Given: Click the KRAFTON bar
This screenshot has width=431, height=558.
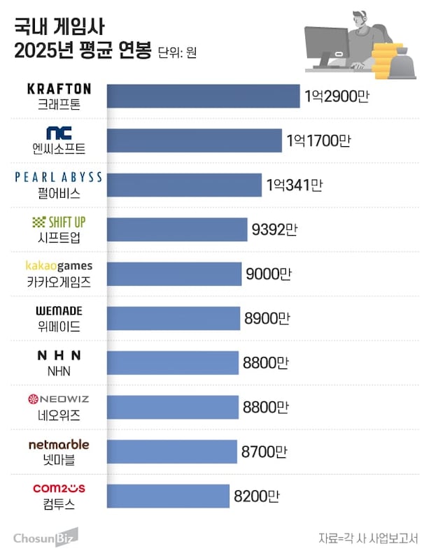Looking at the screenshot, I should pyautogui.click(x=203, y=96).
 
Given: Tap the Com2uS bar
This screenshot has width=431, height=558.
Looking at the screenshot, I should pyautogui.click(x=168, y=496).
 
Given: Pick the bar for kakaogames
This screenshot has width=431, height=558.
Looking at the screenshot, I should pyautogui.click(x=174, y=273).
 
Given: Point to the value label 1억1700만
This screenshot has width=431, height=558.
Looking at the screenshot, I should pyautogui.click(x=318, y=141).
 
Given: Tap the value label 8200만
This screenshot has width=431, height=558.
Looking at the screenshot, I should pyautogui.click(x=257, y=496).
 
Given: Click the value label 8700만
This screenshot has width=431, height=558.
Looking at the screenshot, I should pyautogui.click(x=264, y=452).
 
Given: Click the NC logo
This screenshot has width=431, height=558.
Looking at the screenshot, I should pyautogui.click(x=59, y=133).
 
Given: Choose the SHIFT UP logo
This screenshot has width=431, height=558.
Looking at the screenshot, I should pyautogui.click(x=59, y=222).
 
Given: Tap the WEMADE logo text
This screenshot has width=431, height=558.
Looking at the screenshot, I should pyautogui.click(x=59, y=310).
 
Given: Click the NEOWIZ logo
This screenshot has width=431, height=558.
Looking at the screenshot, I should pyautogui.click(x=59, y=400).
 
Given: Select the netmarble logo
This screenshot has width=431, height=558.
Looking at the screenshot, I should pyautogui.click(x=59, y=444).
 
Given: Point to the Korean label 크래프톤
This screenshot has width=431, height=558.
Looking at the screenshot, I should pyautogui.click(x=59, y=103).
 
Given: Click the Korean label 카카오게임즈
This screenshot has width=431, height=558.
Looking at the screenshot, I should pyautogui.click(x=59, y=282).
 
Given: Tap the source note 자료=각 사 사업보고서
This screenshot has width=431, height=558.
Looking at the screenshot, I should pyautogui.click(x=368, y=538).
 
